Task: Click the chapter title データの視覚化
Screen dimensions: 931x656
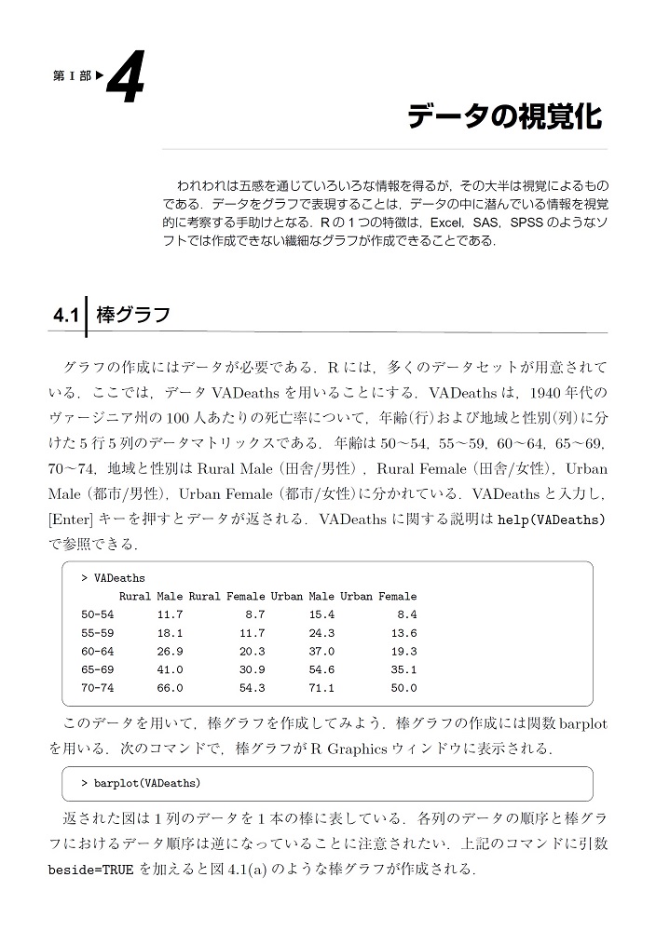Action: click(505, 117)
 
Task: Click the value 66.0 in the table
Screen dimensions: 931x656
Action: click(170, 688)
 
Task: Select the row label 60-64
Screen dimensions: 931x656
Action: click(98, 651)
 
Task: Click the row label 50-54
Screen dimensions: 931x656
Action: click(98, 614)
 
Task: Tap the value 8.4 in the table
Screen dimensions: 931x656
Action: click(406, 614)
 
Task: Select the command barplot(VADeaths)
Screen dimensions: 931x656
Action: click(146, 784)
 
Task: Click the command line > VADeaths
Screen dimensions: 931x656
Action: click(113, 578)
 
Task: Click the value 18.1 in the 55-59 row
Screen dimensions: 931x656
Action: click(170, 633)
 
